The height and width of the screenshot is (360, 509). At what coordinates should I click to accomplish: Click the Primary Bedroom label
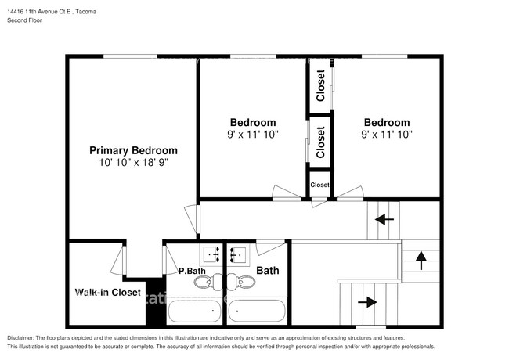point(133,150)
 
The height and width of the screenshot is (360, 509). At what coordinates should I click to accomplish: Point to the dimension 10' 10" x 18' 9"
point(133,163)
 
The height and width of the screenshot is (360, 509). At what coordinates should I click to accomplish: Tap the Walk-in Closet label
point(107,293)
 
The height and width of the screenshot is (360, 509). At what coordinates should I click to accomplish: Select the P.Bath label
point(192,272)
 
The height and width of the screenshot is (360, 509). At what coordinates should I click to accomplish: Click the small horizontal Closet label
point(319,185)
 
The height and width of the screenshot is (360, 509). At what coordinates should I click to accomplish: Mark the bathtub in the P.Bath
point(194,313)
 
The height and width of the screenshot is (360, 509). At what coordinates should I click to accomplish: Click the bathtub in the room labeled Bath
point(256,313)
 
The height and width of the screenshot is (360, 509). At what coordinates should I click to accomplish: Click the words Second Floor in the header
point(24,20)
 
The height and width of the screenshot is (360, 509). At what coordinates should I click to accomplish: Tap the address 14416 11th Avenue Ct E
point(48,9)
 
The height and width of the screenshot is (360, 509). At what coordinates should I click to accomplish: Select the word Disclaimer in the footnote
point(24,337)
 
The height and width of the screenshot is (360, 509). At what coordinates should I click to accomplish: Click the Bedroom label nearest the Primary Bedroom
point(252,123)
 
